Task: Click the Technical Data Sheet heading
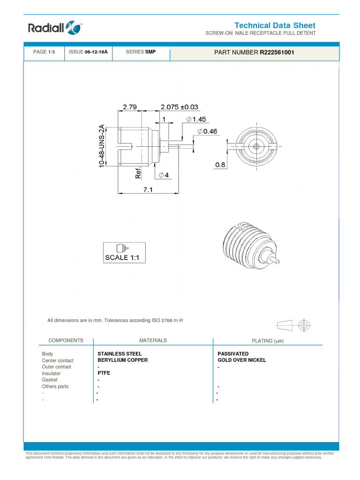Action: point(275,25)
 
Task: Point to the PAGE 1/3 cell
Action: point(44,52)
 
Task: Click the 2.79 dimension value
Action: point(129,107)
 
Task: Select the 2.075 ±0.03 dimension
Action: point(180,107)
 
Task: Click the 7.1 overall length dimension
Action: point(148,189)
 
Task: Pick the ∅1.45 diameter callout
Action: point(196,120)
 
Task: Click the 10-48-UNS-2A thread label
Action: point(102,146)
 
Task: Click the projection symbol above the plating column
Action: point(294,325)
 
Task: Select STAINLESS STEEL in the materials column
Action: point(120,354)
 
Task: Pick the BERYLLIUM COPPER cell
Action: point(122,360)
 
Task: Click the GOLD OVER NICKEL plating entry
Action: point(242,360)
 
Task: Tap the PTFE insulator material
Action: point(104,374)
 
